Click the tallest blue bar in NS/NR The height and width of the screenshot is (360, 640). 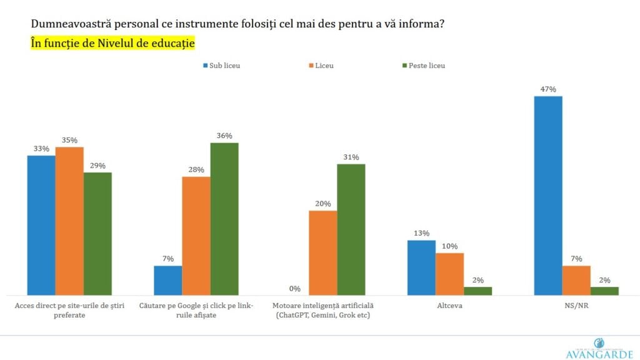[548, 195]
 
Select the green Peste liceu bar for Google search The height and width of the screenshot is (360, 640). [224, 219]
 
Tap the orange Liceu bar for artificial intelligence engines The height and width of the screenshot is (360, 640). [322, 252]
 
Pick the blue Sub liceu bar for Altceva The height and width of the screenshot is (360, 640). [421, 267]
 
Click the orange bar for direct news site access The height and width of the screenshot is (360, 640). [69, 221]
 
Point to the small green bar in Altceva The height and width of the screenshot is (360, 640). [477, 291]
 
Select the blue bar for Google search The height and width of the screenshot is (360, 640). [167, 280]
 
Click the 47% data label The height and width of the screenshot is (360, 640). [548, 89]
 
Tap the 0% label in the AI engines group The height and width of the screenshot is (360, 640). [294, 289]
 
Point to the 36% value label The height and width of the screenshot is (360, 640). [224, 136]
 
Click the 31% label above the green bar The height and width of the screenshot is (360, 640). [351, 157]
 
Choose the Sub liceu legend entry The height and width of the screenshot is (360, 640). [220, 65]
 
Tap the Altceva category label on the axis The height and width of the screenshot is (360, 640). [449, 306]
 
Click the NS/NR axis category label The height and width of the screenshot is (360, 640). [576, 306]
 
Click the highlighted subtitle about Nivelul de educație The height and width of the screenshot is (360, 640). [113, 43]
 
